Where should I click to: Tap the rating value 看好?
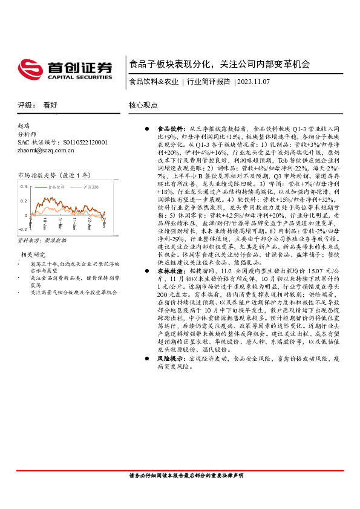(x=50, y=105)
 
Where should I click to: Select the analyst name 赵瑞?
(x=24, y=126)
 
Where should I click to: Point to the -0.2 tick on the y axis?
(x=23, y=230)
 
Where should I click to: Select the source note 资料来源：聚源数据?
(x=42, y=240)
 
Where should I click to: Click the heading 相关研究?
(x=34, y=254)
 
